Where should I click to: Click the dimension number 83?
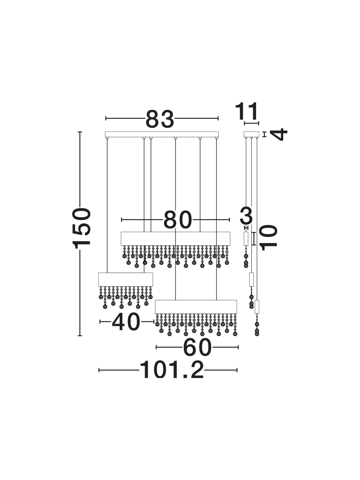point(160,119)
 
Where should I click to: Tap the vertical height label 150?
point(82,228)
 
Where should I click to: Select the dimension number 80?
point(177,219)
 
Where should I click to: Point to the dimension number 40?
point(126,322)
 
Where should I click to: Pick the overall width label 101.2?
point(172,370)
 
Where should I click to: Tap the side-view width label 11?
point(246,111)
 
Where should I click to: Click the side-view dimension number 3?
point(246,215)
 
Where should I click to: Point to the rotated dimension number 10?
point(268,237)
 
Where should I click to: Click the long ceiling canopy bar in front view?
point(162,134)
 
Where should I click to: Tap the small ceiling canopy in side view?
point(251,134)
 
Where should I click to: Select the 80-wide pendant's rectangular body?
point(175,238)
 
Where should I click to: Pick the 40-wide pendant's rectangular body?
point(126,279)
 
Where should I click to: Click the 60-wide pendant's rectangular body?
point(196,307)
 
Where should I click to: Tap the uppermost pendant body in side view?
point(246,239)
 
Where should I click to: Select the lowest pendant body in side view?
point(257,307)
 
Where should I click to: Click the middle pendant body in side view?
point(251,279)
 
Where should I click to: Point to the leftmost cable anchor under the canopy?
point(107,138)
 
